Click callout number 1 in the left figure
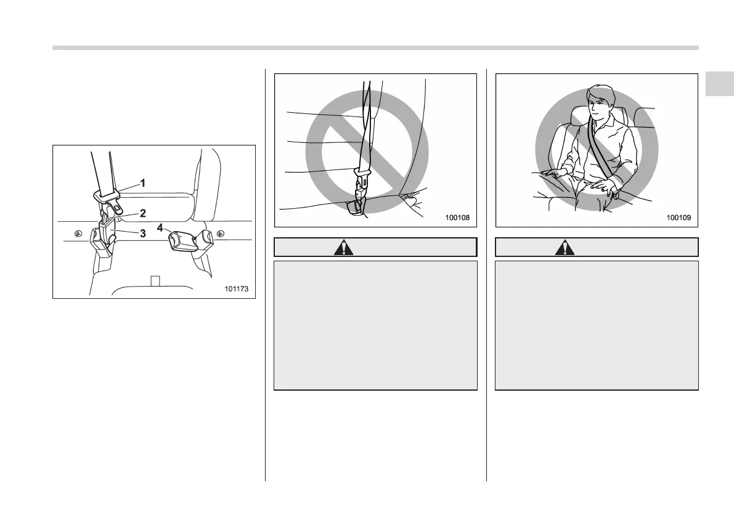tap(142, 183)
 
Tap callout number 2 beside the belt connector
tap(142, 213)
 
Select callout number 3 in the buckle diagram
tap(142, 233)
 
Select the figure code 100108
tap(457, 218)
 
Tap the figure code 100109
tap(679, 218)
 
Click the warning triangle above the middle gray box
tap(341, 248)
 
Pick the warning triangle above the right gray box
tap(563, 248)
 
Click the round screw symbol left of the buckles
tap(78, 234)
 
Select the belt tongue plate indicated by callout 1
tap(106, 195)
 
